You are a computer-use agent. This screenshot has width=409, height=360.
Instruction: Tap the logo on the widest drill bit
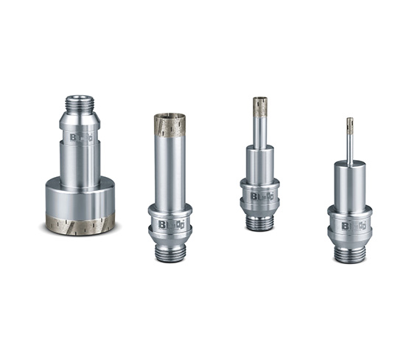click(x=80, y=137)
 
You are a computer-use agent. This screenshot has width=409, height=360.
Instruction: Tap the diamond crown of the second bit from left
click(x=169, y=126)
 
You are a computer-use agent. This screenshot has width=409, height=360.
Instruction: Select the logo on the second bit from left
click(x=170, y=224)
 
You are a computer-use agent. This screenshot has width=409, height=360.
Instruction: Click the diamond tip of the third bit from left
click(x=259, y=106)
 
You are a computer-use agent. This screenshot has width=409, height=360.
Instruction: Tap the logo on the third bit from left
click(x=260, y=196)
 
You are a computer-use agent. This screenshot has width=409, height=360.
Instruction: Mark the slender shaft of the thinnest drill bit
click(x=349, y=148)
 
